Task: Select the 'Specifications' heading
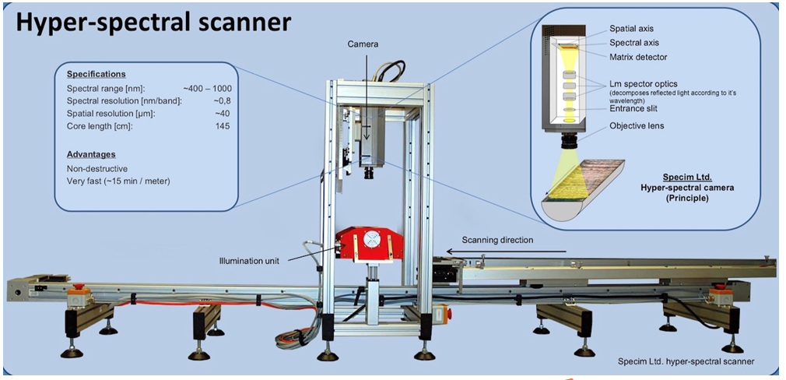[x=96, y=75]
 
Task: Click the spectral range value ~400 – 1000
[x=207, y=89]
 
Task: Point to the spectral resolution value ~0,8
[x=219, y=101]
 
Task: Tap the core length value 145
[x=223, y=125]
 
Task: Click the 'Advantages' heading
[x=91, y=154]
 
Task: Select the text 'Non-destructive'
[x=97, y=168]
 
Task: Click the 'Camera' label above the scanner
[x=362, y=44]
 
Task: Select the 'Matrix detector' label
[x=638, y=57]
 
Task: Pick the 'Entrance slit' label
[x=633, y=109]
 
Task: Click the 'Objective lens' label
[x=637, y=125]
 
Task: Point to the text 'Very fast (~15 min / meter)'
[x=119, y=181]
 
